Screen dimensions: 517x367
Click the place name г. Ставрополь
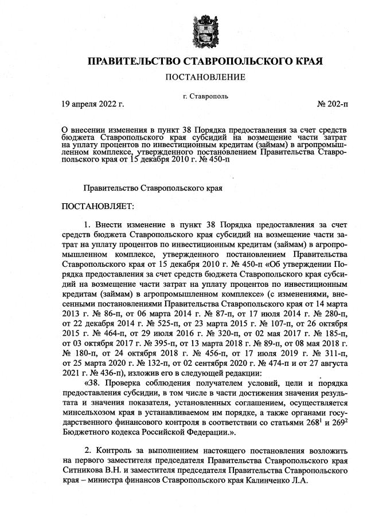pyautogui.click(x=205, y=96)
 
